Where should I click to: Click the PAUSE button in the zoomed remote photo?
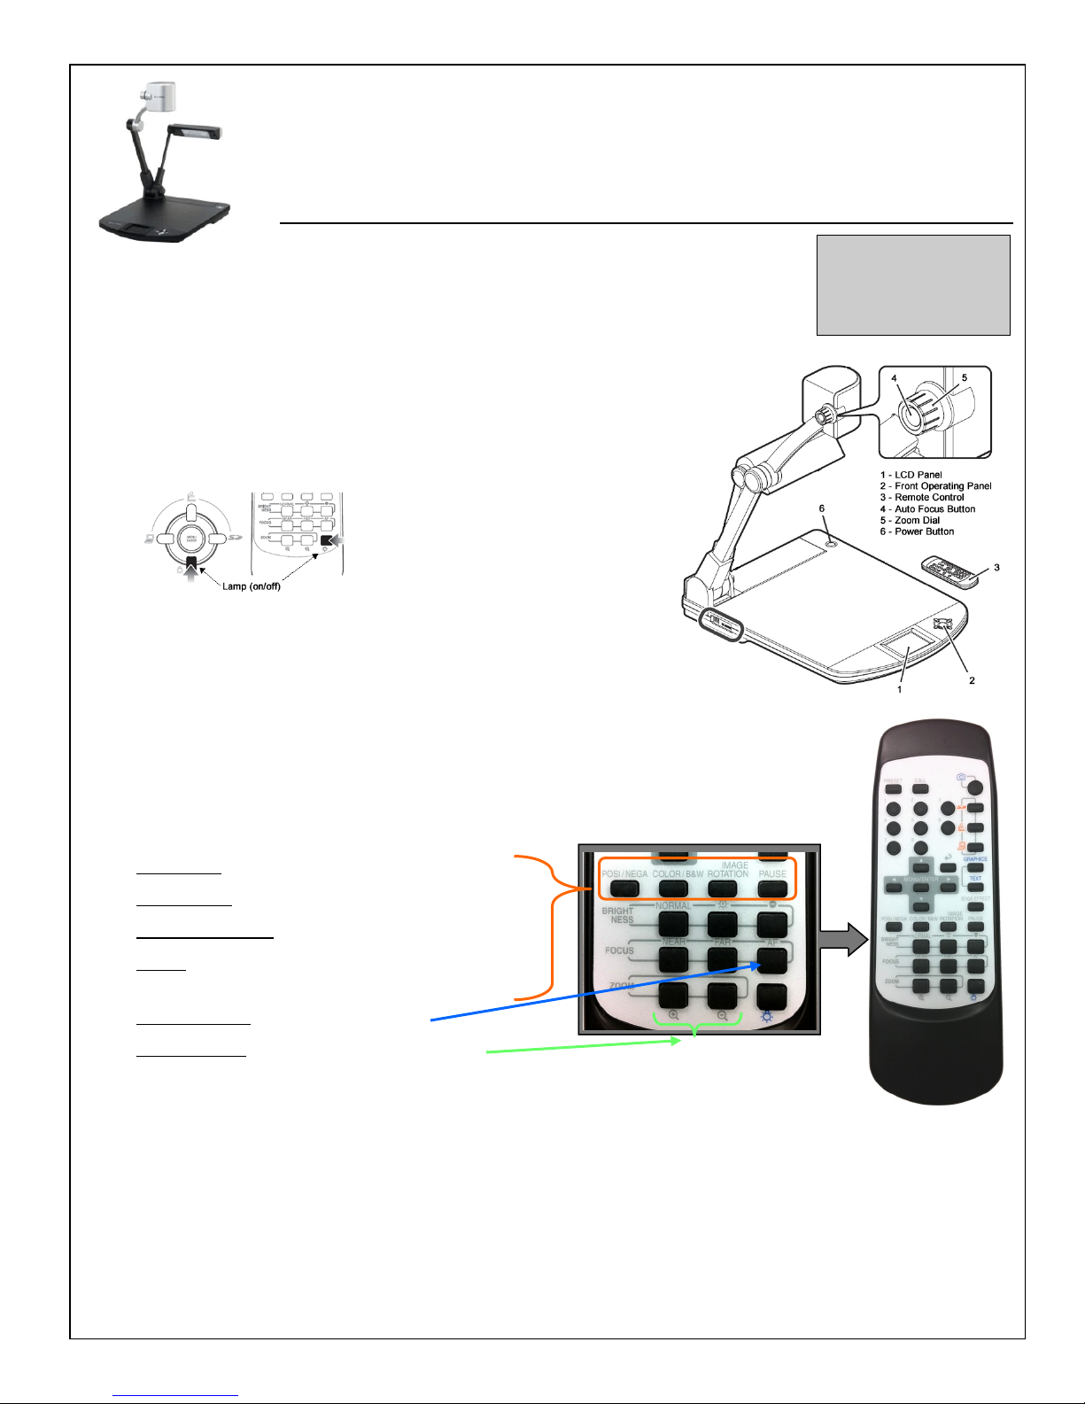772,888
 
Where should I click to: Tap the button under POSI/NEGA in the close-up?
624,888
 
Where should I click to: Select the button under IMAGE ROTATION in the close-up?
723,888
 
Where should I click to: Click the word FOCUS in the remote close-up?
619,950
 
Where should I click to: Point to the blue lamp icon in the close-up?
766,1016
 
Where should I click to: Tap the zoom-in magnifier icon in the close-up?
674,1016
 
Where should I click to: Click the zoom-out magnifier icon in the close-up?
723,1016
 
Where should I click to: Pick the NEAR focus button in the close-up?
674,958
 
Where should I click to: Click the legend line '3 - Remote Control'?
922,498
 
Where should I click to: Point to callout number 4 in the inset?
895,378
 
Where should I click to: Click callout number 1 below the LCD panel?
899,689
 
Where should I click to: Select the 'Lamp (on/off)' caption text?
251,586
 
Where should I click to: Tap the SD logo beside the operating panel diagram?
236,538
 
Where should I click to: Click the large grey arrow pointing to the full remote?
846,939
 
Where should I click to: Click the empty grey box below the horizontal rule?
912,284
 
